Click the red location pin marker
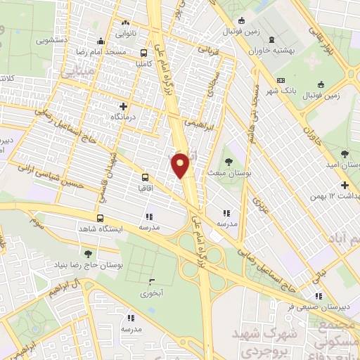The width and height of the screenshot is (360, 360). click(x=181, y=165)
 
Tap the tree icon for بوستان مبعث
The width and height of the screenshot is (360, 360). click(x=229, y=157)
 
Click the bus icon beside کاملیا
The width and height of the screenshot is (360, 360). click(x=144, y=53)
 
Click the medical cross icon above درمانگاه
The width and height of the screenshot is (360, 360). click(x=124, y=105)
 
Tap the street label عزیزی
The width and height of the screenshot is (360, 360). click(x=262, y=206)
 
